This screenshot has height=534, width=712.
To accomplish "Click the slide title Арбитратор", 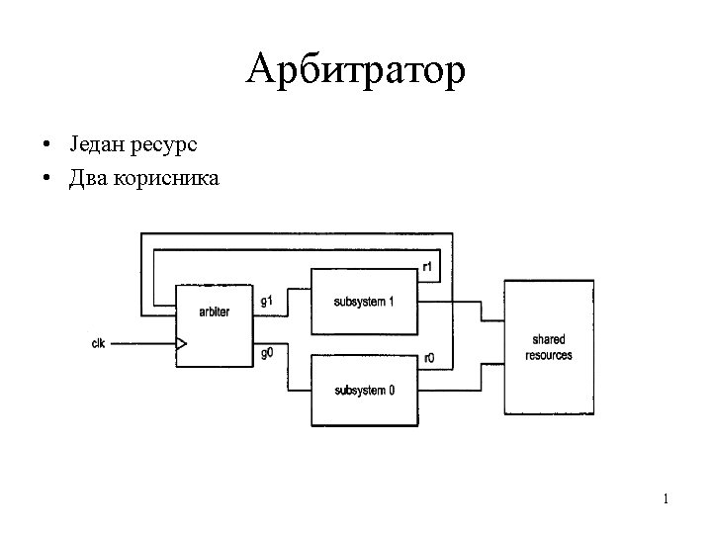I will [x=356, y=70].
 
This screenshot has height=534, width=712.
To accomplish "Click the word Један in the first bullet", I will [x=96, y=145].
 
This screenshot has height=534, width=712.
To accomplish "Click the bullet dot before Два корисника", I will [x=47, y=180].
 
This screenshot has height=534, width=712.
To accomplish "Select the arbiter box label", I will [x=214, y=311].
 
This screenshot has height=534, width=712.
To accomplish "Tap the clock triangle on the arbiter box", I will [x=181, y=344].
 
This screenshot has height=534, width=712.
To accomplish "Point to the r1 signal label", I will [x=427, y=266].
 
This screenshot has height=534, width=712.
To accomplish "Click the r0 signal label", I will [x=428, y=358].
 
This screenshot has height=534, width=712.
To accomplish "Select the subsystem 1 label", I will [x=364, y=301].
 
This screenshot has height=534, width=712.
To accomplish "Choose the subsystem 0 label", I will [x=364, y=391].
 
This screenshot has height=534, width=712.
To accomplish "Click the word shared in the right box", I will [x=549, y=340].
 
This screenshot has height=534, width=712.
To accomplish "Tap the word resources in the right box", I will [x=549, y=355].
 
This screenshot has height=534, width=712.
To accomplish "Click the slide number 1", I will [x=666, y=499].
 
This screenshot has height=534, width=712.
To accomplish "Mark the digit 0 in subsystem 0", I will [x=392, y=391].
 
